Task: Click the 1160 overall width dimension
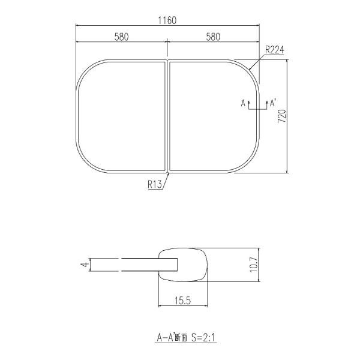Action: point(167,20)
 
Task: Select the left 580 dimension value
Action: point(121,37)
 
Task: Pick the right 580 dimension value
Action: point(213,37)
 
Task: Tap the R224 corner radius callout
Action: point(275,50)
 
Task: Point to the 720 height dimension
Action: point(282,116)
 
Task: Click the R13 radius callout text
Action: point(155,184)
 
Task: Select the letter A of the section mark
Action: point(243,103)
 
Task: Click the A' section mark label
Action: point(272,103)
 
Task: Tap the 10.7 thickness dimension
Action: point(254,265)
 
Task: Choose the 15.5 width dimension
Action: point(183,301)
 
